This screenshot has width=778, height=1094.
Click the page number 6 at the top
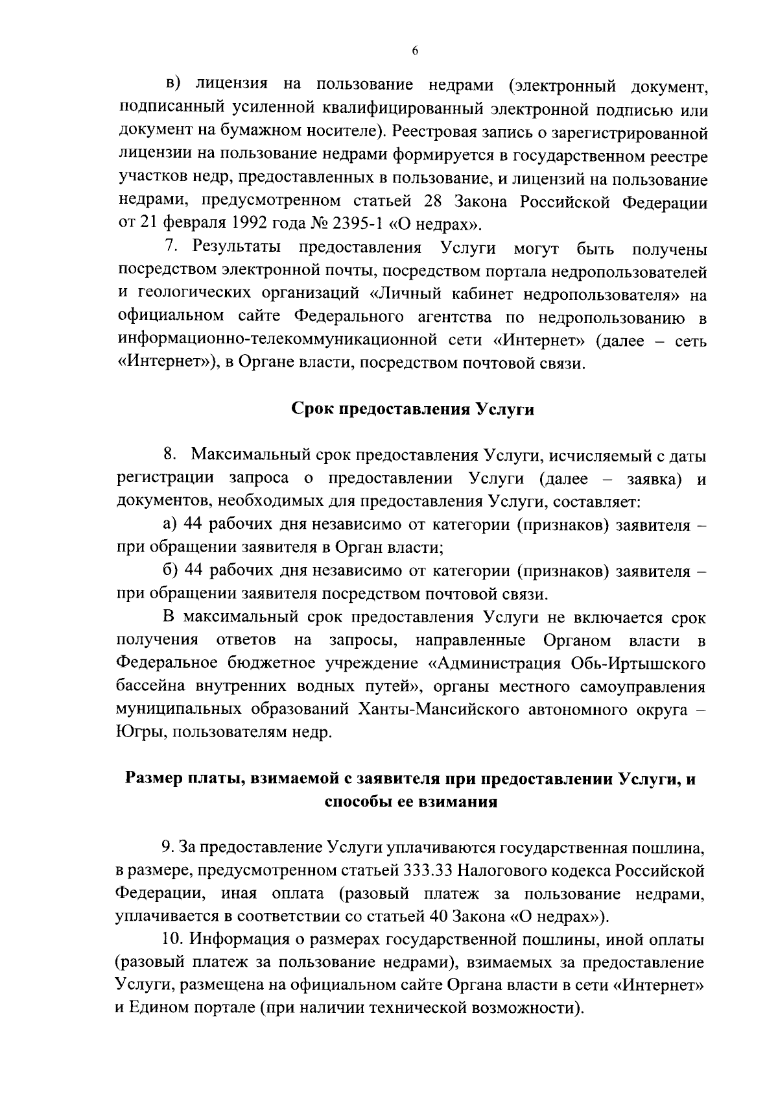point(414,53)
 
